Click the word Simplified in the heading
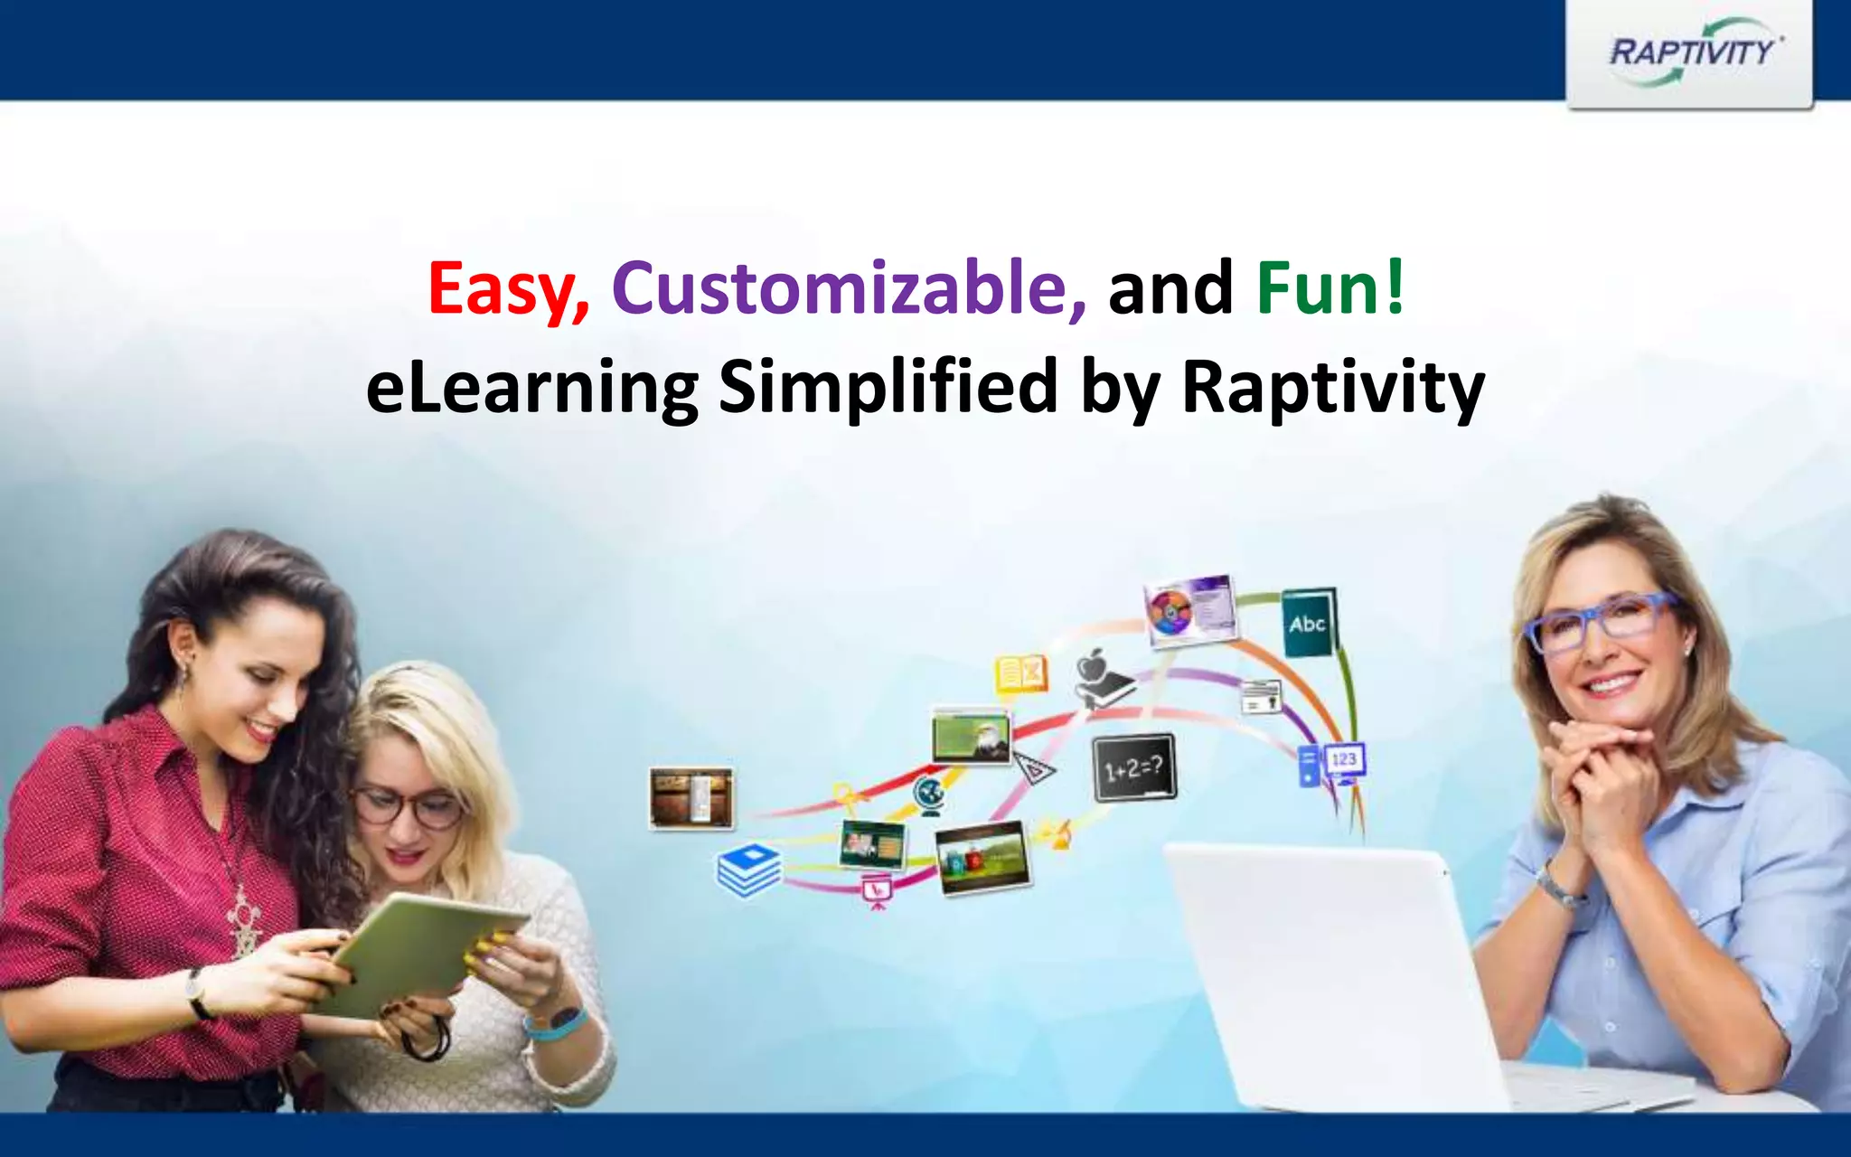(888, 387)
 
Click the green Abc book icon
(1309, 624)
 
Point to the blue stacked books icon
(748, 870)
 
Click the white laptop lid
(1329, 976)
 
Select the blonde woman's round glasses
(409, 807)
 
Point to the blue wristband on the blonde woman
(554, 1024)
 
